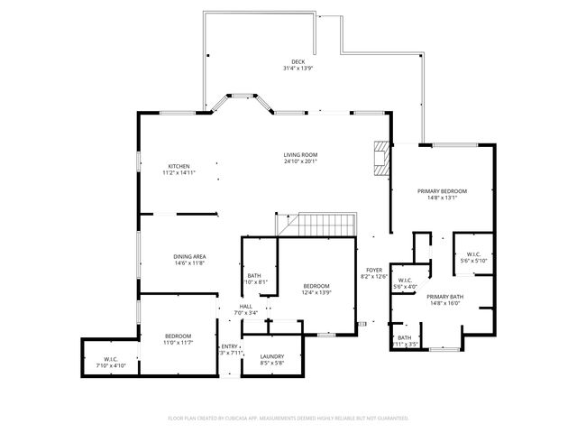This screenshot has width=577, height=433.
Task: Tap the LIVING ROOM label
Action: [302, 155]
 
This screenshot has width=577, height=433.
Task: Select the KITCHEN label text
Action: [179, 166]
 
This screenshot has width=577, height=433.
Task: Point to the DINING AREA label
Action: [189, 256]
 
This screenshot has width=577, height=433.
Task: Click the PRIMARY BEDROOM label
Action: [442, 191]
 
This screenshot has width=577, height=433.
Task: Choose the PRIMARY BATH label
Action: [444, 297]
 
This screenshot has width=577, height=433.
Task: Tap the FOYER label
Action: [373, 270]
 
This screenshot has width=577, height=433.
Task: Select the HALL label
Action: [245, 307]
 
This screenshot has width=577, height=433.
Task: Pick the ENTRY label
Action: [231, 346]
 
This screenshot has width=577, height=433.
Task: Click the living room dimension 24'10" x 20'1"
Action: [302, 161]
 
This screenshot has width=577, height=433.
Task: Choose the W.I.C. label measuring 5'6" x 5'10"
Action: [472, 255]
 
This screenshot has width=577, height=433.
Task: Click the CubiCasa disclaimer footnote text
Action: [288, 418]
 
